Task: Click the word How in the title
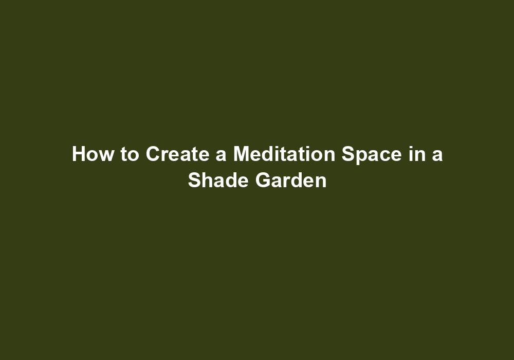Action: [93, 154]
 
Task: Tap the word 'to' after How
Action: [130, 154]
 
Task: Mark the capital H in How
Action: [79, 154]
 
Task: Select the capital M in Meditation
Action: [242, 154]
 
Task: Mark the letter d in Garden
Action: [298, 181]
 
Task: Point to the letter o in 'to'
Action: [133, 156]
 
